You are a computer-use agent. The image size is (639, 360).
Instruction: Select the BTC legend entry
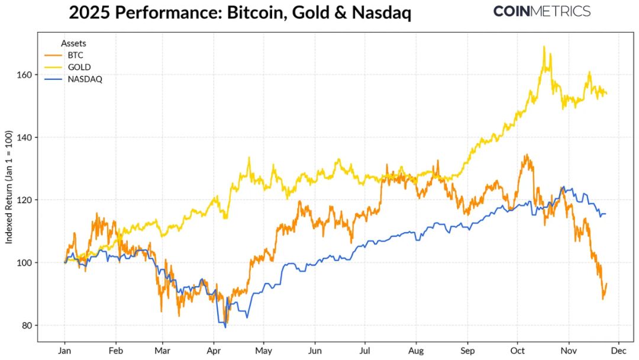75,55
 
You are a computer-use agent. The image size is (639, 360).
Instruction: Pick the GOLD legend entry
79,67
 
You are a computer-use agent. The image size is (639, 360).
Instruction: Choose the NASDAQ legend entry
85,79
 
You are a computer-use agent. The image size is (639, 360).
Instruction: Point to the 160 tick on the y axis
26,75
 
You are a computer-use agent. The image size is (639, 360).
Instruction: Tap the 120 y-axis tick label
26,200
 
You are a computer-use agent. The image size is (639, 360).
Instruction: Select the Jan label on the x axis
64,349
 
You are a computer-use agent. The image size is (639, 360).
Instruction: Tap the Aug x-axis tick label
416,349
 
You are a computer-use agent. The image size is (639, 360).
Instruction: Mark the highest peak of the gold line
543,47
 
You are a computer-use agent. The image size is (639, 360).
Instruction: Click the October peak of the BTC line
525,155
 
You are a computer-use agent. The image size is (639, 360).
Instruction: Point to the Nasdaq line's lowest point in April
225,327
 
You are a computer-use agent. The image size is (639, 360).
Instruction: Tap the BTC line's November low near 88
603,298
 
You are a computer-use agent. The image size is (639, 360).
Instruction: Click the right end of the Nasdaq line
605,214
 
